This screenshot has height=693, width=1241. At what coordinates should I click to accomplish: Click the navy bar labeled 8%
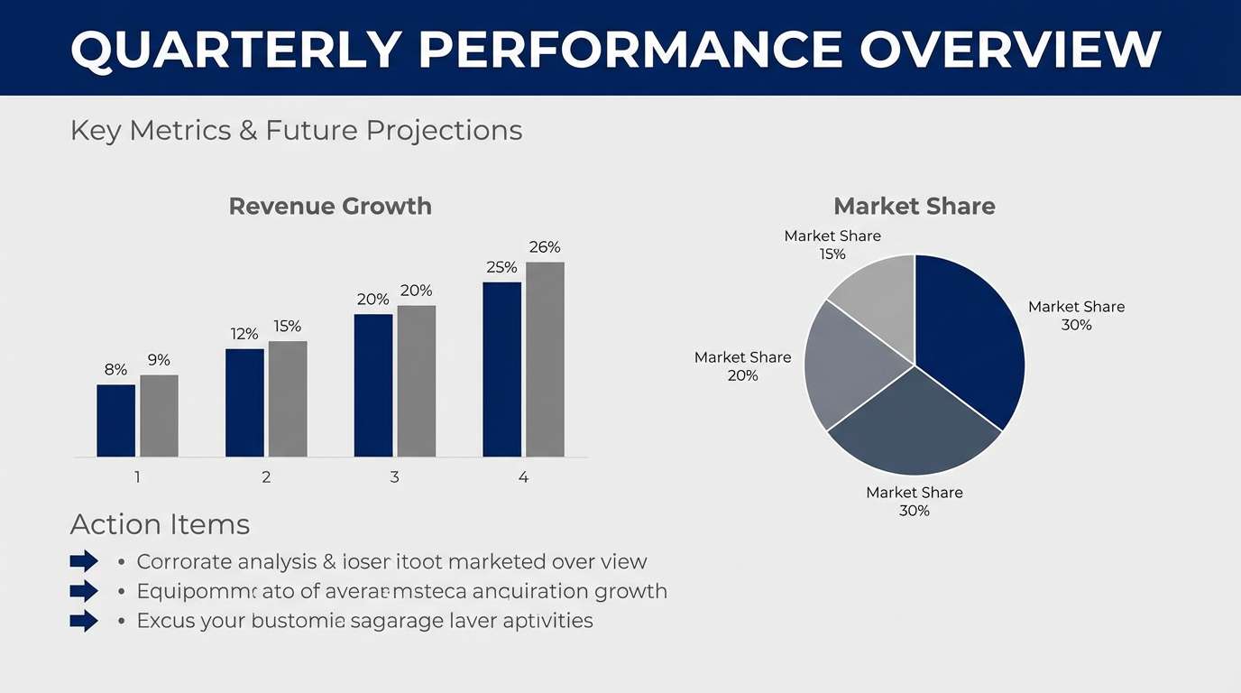click(x=115, y=420)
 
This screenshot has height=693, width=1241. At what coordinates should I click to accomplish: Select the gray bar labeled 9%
click(x=159, y=415)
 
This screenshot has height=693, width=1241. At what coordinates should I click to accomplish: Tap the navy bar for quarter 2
click(x=244, y=402)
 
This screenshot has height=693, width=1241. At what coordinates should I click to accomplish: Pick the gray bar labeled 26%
click(x=545, y=359)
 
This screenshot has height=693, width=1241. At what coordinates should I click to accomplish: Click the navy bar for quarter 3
click(x=373, y=385)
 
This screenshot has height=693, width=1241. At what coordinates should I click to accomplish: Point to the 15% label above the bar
click(x=288, y=326)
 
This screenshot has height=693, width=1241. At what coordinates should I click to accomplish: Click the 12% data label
click(x=244, y=334)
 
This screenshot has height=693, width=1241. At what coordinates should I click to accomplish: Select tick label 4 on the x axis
click(x=523, y=476)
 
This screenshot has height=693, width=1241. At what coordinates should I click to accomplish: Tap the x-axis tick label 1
click(x=137, y=476)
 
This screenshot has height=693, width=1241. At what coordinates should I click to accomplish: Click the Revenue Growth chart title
click(x=330, y=206)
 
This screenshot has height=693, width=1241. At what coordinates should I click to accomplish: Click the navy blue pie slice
click(x=970, y=343)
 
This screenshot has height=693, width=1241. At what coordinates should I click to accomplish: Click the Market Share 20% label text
click(x=742, y=366)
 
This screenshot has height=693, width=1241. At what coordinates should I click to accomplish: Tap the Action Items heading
click(x=160, y=524)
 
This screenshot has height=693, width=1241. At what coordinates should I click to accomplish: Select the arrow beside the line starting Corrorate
click(x=84, y=561)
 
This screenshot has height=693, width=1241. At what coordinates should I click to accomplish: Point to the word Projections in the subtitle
click(x=444, y=130)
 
